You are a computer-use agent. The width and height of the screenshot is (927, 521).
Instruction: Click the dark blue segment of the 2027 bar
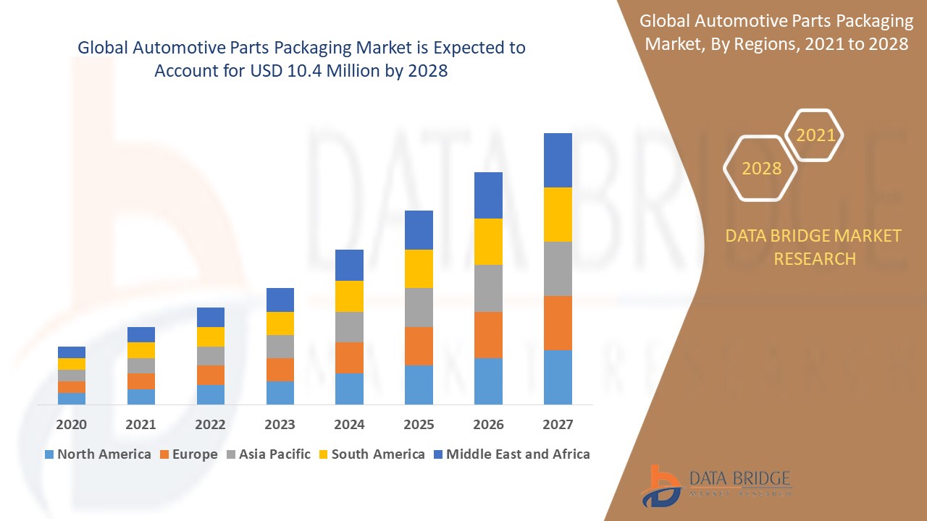(x=558, y=160)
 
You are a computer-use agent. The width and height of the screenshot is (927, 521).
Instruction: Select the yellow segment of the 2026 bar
(x=488, y=241)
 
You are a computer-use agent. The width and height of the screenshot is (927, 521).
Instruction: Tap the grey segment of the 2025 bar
(x=419, y=307)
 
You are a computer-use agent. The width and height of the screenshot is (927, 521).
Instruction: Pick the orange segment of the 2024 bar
(x=349, y=357)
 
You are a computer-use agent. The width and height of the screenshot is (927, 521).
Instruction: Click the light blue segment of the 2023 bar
(x=280, y=392)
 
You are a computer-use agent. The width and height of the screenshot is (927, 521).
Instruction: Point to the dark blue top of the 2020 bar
(x=72, y=352)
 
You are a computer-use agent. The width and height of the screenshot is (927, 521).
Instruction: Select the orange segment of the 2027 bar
(x=558, y=323)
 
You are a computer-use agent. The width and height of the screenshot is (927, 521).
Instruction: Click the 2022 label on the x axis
(x=211, y=424)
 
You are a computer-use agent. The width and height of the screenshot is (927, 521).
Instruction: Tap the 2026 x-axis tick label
(x=488, y=424)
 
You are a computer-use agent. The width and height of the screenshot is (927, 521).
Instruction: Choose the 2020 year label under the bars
(x=72, y=424)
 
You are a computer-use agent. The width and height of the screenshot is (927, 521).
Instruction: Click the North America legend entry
(x=98, y=454)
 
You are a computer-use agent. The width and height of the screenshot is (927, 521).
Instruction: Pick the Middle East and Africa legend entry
(x=511, y=454)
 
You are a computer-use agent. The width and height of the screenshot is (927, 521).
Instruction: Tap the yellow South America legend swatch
(x=322, y=454)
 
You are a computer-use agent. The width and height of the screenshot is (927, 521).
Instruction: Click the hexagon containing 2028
(x=761, y=168)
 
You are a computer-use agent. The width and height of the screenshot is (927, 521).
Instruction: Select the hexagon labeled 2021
(x=815, y=135)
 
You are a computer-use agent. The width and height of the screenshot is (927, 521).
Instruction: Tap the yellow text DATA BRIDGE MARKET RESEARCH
(x=814, y=247)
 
